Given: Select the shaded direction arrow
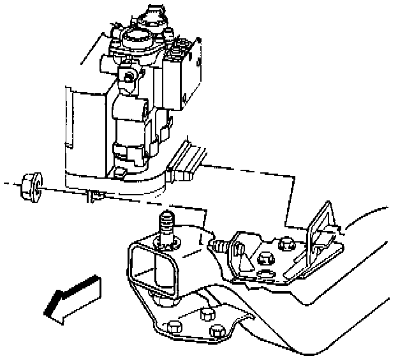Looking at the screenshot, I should [72, 294].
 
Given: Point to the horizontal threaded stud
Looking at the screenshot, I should [218, 244].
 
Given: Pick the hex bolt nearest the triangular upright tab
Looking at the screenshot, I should [285, 243].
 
